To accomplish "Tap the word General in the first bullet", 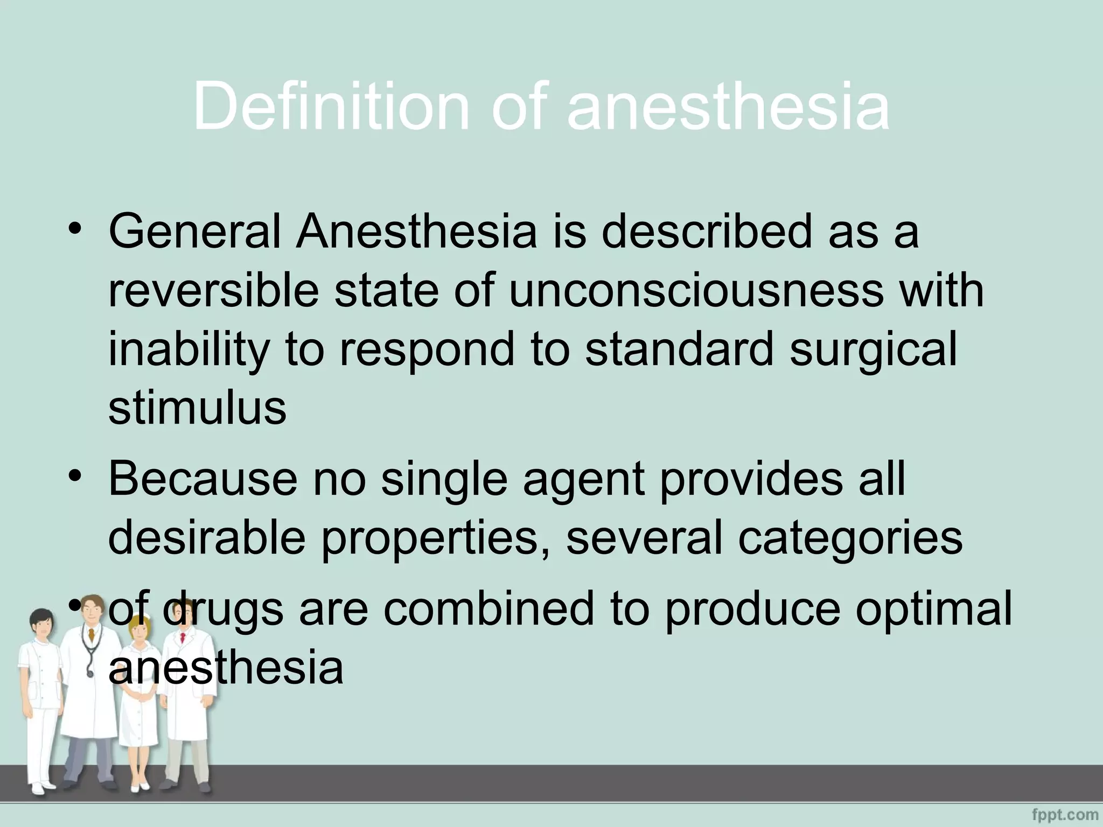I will [x=194, y=232].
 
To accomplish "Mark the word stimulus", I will [x=197, y=407].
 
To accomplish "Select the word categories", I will [x=849, y=538].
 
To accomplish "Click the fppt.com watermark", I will [x=1065, y=814].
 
